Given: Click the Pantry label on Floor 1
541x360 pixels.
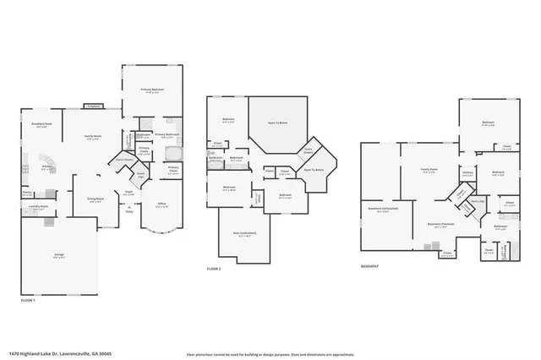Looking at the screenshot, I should pos(28,193).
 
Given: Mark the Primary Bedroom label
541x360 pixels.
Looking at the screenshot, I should pos(149,89).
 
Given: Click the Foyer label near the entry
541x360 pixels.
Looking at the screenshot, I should pos(131,194).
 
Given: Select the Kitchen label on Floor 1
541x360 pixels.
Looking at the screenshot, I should pos(37,166).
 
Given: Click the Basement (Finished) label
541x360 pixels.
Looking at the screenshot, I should pos(440,226).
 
